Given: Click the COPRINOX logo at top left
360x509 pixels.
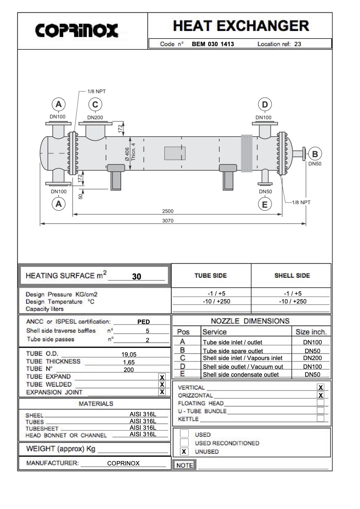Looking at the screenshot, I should click(77, 30).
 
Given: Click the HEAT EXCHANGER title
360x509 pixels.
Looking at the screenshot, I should click(241, 26).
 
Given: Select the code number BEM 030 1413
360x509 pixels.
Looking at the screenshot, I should click(213, 44).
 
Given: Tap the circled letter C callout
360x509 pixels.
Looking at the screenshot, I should click(95, 104).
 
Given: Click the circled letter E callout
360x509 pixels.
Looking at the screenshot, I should click(265, 203).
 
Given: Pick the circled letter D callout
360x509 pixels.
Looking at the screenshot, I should click(265, 104).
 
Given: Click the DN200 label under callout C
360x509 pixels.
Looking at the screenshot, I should click(95, 117).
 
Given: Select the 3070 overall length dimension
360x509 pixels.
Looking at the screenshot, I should click(168, 221).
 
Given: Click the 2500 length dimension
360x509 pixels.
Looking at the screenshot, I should click(168, 211).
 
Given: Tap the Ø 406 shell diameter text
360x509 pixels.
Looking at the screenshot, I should click(127, 154).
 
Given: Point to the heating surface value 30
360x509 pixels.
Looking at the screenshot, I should click(136, 276).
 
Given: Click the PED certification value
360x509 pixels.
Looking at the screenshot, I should click(143, 322).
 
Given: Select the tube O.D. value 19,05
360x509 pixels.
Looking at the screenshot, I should click(130, 354).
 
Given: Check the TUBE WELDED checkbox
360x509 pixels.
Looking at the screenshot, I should click(162, 384).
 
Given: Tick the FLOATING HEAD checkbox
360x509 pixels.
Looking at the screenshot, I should click(321, 403).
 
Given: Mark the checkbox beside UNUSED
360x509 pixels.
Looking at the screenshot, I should click(184, 452).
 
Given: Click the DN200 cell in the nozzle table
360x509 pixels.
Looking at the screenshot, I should click(312, 358).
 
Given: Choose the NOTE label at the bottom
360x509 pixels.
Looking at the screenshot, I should click(184, 465).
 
